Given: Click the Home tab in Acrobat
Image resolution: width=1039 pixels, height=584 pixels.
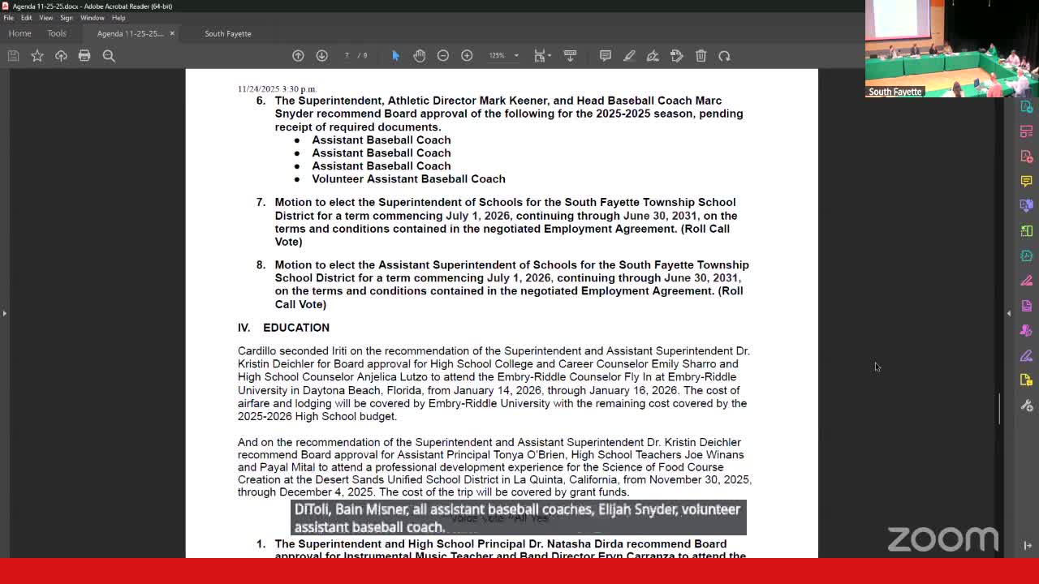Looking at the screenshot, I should [x=19, y=33].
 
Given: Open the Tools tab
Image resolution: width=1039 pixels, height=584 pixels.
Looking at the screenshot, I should [x=56, y=33].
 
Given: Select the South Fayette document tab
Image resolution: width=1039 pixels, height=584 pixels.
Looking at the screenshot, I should [x=227, y=33].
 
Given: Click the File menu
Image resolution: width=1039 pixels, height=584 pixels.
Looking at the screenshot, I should [x=8, y=18].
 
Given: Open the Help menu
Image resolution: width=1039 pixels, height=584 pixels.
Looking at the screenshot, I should [x=119, y=18].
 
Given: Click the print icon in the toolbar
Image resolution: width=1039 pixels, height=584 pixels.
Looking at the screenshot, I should [x=84, y=55].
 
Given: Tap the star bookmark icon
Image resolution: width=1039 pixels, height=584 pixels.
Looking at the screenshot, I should [x=37, y=55].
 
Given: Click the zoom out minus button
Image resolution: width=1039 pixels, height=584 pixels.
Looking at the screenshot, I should [x=443, y=55].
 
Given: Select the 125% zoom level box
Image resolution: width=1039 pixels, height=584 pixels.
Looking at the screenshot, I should [x=497, y=55].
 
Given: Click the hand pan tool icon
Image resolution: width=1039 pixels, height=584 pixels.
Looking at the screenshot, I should [x=419, y=55].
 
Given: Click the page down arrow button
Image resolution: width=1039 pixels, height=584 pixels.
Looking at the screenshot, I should [x=321, y=55].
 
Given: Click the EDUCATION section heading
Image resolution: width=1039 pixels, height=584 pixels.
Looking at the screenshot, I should [x=295, y=328].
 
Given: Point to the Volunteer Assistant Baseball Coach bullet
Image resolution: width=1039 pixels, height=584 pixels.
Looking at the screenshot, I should [x=408, y=178].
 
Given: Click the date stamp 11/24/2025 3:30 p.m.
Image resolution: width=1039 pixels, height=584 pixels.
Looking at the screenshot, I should [x=277, y=88].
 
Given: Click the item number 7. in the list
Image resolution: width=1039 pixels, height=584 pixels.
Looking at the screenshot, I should [x=261, y=202].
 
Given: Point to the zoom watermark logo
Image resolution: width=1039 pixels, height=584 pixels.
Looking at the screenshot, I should [x=942, y=539].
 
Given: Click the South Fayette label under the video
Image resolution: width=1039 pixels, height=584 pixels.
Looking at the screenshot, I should [x=895, y=92].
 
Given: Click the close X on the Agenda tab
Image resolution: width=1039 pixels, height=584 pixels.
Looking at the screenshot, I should [x=172, y=33].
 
